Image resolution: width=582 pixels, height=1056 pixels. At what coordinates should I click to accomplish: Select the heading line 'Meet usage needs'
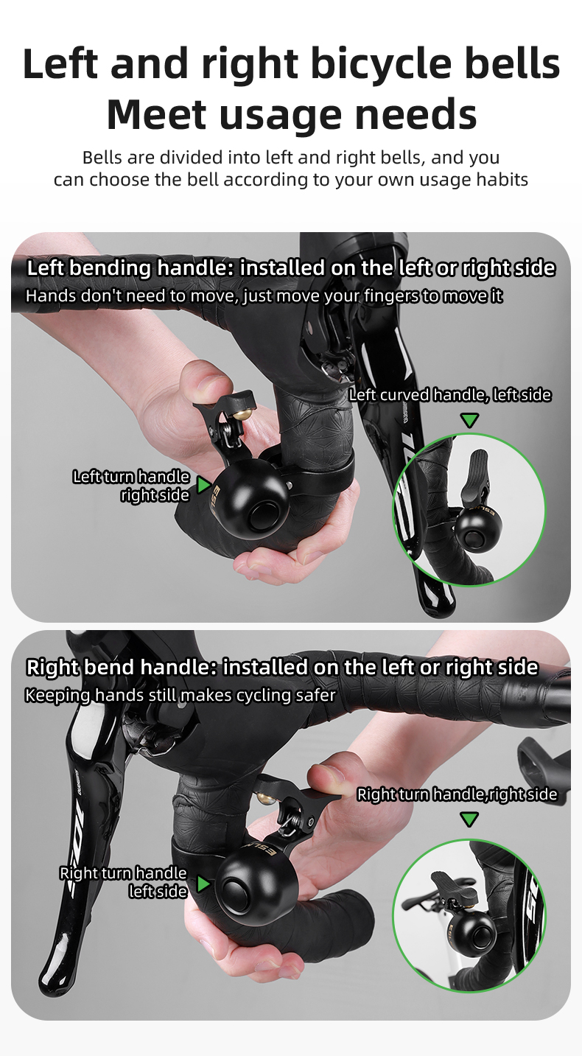[291, 114]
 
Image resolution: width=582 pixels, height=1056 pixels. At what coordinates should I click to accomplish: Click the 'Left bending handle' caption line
[291, 268]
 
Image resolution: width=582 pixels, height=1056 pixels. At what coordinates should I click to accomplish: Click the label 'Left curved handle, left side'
[449, 395]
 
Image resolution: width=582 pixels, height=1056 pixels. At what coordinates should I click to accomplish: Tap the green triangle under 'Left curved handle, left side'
[469, 420]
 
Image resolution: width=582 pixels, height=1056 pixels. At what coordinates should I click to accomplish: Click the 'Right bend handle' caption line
[282, 668]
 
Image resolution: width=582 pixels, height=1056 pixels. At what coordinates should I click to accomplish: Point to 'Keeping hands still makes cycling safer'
[180, 695]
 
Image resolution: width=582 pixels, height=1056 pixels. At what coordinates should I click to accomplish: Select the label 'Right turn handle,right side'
[457, 794]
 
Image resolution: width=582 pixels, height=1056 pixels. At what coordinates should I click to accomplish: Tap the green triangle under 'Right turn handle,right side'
[469, 819]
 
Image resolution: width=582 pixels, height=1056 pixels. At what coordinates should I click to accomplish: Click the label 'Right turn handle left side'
[123, 882]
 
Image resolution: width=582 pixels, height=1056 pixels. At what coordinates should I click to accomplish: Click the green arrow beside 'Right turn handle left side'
[203, 883]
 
